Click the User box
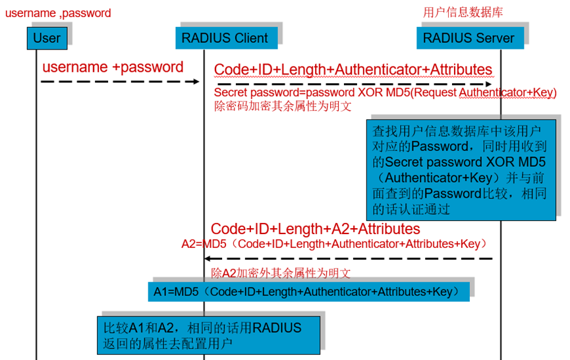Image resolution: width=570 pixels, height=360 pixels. point(47,38)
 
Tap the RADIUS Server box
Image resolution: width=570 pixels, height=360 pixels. point(469,38)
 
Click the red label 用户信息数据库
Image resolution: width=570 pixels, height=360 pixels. point(463,13)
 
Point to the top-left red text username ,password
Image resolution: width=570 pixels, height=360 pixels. point(58,13)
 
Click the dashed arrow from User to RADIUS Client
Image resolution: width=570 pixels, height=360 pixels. point(119,81)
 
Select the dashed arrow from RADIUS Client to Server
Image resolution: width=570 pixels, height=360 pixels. point(354,84)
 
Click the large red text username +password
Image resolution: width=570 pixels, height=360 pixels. point(113,67)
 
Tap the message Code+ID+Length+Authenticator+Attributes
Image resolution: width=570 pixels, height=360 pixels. point(353,70)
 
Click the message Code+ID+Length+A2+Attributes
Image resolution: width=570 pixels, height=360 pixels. point(315,229)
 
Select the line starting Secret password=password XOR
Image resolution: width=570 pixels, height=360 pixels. point(385,94)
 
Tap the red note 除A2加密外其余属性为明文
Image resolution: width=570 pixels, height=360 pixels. point(280,273)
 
